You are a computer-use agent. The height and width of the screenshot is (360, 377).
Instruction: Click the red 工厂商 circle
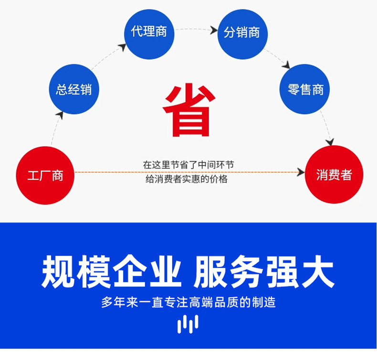(45, 175)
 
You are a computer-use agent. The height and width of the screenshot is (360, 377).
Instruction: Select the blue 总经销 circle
(74, 89)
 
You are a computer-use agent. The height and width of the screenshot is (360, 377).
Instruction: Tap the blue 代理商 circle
(149, 32)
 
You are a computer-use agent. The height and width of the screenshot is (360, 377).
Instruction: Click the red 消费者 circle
(334, 175)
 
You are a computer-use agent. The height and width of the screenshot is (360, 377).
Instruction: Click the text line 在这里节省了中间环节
(188, 165)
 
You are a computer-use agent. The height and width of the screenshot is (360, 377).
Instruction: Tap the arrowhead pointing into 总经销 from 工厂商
(60, 114)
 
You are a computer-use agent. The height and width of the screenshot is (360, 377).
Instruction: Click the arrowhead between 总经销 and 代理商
(122, 47)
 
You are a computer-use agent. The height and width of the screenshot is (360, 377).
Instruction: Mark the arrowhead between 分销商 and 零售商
(287, 65)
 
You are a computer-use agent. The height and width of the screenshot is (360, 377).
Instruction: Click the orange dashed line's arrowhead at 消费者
(301, 171)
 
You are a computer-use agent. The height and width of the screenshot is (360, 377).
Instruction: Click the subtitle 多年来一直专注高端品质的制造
(188, 302)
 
